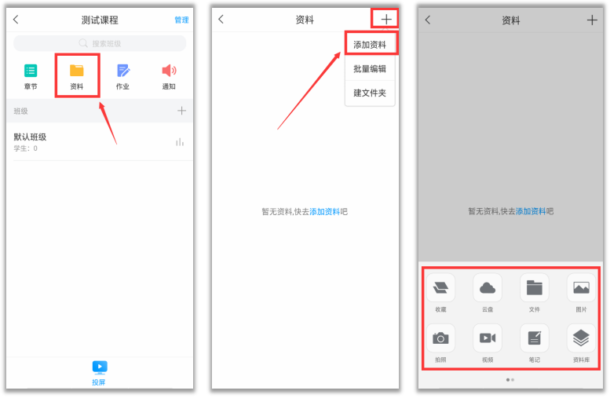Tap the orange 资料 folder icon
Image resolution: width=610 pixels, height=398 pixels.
(77, 71)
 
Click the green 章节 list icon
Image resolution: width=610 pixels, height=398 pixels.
(31, 71)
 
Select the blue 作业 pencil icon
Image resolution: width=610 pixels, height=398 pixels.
(123, 71)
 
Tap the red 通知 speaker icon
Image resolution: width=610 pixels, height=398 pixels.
(169, 71)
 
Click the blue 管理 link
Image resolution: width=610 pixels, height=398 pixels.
(181, 20)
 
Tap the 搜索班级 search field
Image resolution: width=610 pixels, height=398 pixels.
(100, 43)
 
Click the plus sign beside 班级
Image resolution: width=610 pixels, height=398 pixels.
(181, 111)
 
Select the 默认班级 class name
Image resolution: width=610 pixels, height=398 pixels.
(30, 137)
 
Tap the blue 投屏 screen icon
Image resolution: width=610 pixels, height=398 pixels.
(100, 367)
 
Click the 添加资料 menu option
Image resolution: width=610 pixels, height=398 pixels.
(370, 45)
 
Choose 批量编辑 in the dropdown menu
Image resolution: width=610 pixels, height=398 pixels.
(370, 69)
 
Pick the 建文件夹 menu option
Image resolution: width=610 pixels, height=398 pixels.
(370, 93)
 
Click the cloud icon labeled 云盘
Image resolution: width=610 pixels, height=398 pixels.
(488, 288)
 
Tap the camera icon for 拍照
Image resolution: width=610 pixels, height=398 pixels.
(440, 338)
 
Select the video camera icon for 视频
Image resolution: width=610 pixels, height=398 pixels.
(488, 338)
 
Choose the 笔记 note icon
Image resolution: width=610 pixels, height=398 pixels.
(535, 338)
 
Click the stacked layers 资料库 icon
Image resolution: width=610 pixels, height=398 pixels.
(581, 338)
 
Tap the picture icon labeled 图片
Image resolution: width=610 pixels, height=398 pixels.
(581, 288)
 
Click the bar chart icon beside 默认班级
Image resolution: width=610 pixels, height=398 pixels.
(179, 142)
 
